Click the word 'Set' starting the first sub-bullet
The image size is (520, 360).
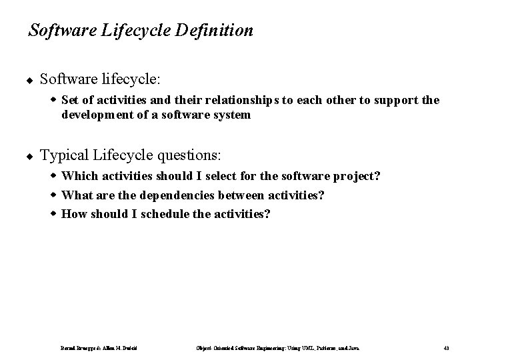70,101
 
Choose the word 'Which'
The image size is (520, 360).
79,177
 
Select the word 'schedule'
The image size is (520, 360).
164,214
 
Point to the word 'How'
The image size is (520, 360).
73,214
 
